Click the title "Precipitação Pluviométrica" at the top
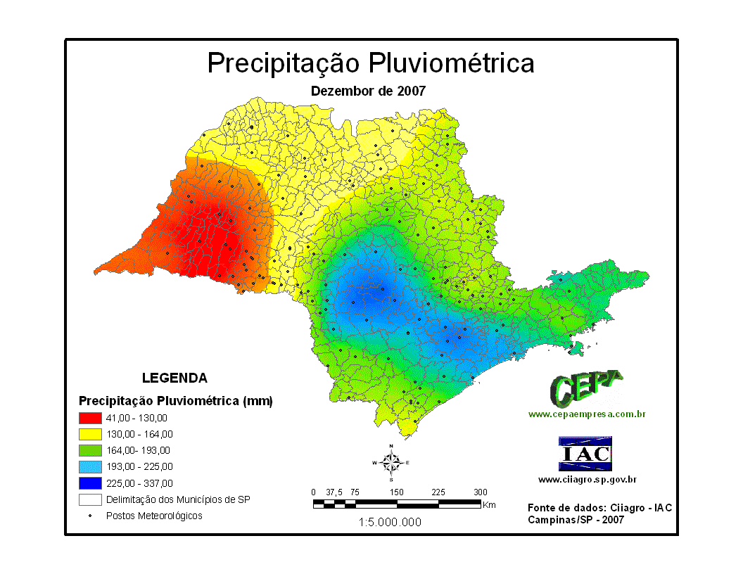pos(371,63)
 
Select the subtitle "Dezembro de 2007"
pos(368,91)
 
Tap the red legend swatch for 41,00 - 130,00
pos(90,418)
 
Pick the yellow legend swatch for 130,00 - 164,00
pos(90,434)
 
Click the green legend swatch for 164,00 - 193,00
pos(90,450)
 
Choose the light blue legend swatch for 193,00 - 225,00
pos(90,466)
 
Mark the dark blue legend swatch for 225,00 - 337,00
pos(90,483)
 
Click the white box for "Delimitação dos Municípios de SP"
pos(90,499)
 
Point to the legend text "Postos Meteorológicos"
pos(154,516)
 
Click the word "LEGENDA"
pos(174,378)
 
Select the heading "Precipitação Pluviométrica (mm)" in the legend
pos(175,401)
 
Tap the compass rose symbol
pos(390,462)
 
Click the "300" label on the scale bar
pos(481,492)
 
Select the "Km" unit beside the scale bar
pos(490,504)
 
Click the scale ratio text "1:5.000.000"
pos(390,522)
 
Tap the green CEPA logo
pos(586,388)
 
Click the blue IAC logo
pos(585,454)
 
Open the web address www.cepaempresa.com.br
pos(587,414)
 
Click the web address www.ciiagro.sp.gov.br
pos(588,480)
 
